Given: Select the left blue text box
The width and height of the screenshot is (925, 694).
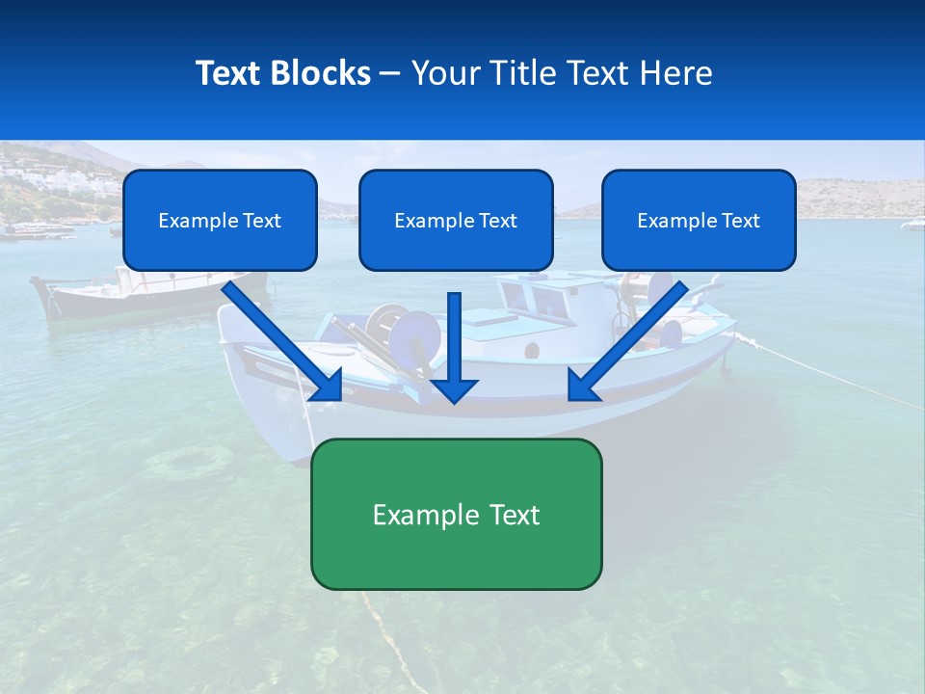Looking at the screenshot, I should [x=220, y=221].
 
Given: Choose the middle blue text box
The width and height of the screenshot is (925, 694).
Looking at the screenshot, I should [x=456, y=221].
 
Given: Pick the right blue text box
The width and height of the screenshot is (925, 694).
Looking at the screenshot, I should [x=699, y=221].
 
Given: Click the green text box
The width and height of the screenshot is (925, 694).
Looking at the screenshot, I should [x=456, y=514].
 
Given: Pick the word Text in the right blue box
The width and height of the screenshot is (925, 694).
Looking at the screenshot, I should [x=741, y=221].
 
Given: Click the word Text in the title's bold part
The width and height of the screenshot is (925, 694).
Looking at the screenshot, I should [x=227, y=73].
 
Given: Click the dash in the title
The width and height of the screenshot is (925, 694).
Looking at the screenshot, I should [x=390, y=73].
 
